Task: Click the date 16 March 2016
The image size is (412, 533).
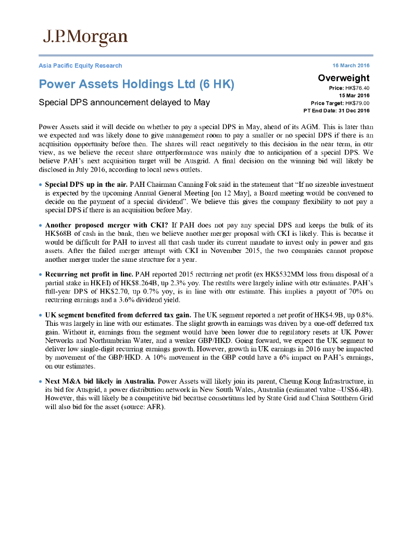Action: tap(351, 66)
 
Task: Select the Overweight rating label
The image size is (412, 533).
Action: tap(343, 78)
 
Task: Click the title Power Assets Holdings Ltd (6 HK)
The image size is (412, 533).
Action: tap(136, 84)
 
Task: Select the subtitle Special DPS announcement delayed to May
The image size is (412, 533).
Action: tap(124, 102)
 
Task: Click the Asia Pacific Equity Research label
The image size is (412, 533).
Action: tap(80, 66)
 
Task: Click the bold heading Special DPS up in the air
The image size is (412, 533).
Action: tap(86, 184)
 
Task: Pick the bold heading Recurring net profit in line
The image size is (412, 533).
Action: tap(89, 274)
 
